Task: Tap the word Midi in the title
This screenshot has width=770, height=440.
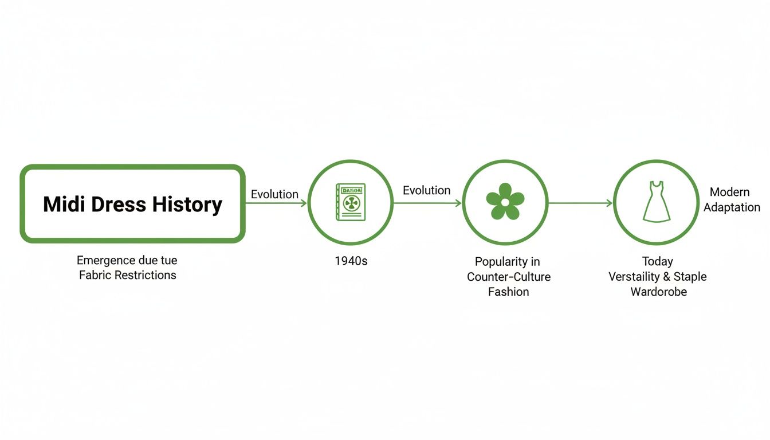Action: [61, 205]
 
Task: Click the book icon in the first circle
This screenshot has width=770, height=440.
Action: [351, 202]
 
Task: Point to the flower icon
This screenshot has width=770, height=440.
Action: [505, 202]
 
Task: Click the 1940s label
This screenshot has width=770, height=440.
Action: [351, 261]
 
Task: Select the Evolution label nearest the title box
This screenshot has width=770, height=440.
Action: [274, 194]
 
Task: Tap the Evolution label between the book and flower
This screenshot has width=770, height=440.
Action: [426, 190]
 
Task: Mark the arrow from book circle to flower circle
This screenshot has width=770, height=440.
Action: [427, 203]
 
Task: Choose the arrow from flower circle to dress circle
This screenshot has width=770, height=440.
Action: [580, 203]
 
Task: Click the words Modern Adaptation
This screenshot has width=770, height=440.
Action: [731, 200]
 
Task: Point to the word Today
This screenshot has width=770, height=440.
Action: [657, 262]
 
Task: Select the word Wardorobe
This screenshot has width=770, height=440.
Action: [658, 292]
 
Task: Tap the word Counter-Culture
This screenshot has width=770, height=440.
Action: [509, 277]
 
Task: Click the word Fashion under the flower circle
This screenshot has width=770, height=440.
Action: [508, 292]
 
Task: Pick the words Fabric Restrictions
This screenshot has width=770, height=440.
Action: [127, 275]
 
